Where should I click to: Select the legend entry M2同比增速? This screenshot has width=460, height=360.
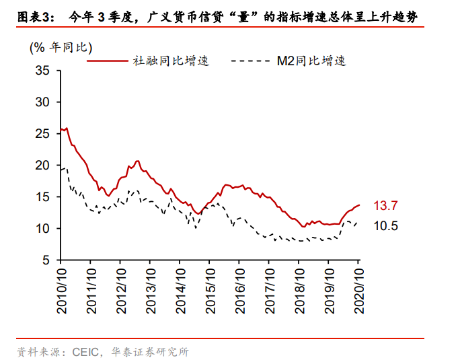point(311,61)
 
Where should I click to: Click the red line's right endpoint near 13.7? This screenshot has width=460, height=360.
point(359,205)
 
